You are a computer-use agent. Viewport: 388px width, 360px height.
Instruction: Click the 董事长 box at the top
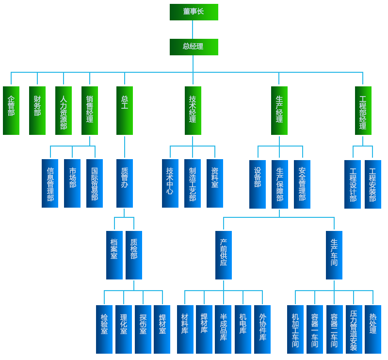(x=194, y=12)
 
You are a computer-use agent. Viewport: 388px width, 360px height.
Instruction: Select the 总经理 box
(x=194, y=47)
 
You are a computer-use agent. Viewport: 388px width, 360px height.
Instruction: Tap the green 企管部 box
(x=11, y=110)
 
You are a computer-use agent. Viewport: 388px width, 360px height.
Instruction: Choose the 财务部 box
(x=37, y=110)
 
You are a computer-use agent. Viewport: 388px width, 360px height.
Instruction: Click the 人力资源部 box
(x=63, y=110)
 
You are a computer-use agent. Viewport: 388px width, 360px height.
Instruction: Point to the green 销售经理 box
(x=90, y=110)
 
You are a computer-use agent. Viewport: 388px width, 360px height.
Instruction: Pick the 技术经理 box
(x=193, y=110)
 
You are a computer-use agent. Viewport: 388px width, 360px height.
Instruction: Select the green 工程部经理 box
(x=363, y=110)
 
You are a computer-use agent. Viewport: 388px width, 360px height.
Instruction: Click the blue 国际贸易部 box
(x=95, y=183)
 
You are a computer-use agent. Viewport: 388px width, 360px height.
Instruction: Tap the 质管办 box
(x=125, y=183)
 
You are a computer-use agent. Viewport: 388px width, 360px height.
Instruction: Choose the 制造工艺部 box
(x=193, y=183)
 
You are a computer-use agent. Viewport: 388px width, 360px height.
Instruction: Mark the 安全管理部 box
(x=302, y=183)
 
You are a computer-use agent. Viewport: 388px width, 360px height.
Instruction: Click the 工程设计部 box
(x=353, y=184)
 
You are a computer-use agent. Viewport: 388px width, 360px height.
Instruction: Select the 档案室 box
(x=114, y=255)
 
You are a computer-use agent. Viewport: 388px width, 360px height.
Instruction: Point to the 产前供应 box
(x=224, y=255)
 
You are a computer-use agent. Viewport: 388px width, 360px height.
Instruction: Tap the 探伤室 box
(x=143, y=328)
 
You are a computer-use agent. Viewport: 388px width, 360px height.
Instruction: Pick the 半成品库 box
(x=223, y=328)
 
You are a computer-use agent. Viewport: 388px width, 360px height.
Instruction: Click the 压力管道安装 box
(x=354, y=328)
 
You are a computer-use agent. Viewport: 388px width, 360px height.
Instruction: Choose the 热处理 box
(x=372, y=328)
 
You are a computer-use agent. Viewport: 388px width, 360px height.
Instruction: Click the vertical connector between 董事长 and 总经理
(x=194, y=30)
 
